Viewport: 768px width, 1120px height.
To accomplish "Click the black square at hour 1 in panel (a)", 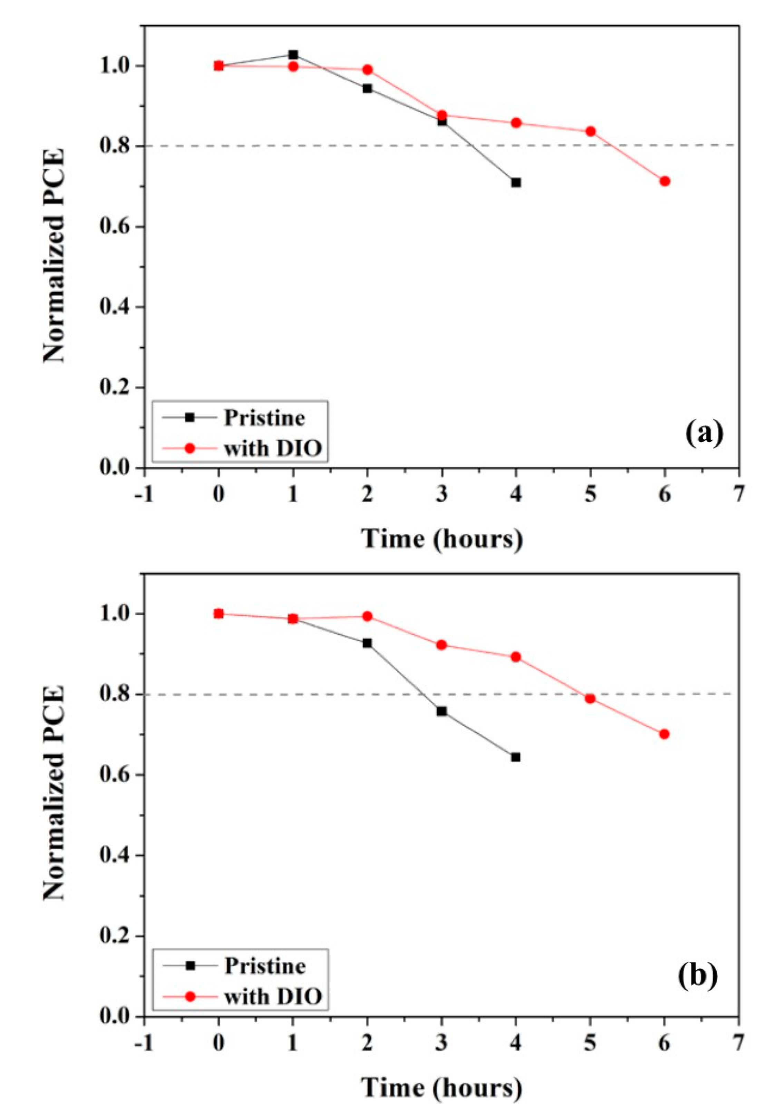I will (293, 54).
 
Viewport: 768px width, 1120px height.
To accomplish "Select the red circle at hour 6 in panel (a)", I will (665, 181).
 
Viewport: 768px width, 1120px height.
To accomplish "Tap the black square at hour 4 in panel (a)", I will (516, 183).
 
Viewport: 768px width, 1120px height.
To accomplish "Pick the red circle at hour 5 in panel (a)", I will (591, 131).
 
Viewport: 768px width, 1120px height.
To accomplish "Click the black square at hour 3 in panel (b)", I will (441, 711).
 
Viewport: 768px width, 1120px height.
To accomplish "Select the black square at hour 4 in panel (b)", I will (516, 757).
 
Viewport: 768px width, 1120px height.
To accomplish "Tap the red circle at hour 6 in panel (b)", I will (664, 734).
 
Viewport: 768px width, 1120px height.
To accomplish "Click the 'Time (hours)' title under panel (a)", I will (442, 538).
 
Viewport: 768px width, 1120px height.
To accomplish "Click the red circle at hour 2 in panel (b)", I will (367, 616).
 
